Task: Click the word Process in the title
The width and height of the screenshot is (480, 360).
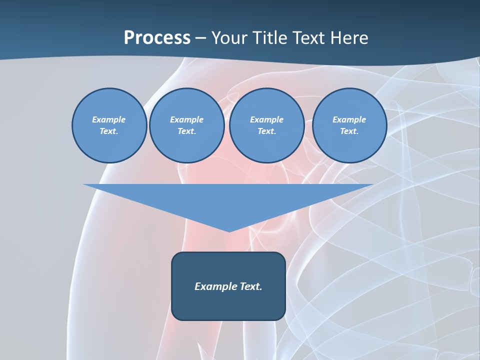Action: click(x=157, y=38)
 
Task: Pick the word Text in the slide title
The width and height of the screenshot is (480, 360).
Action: click(x=308, y=38)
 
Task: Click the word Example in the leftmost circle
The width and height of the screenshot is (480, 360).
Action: click(x=109, y=119)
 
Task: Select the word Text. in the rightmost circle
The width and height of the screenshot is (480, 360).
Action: click(x=349, y=131)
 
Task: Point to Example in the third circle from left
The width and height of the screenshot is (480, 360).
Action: click(x=266, y=119)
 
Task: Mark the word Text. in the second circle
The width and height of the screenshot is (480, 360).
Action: click(x=186, y=131)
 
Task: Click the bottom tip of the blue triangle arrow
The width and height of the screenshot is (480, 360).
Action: click(x=229, y=230)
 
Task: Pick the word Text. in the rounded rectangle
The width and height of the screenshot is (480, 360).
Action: click(x=250, y=286)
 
